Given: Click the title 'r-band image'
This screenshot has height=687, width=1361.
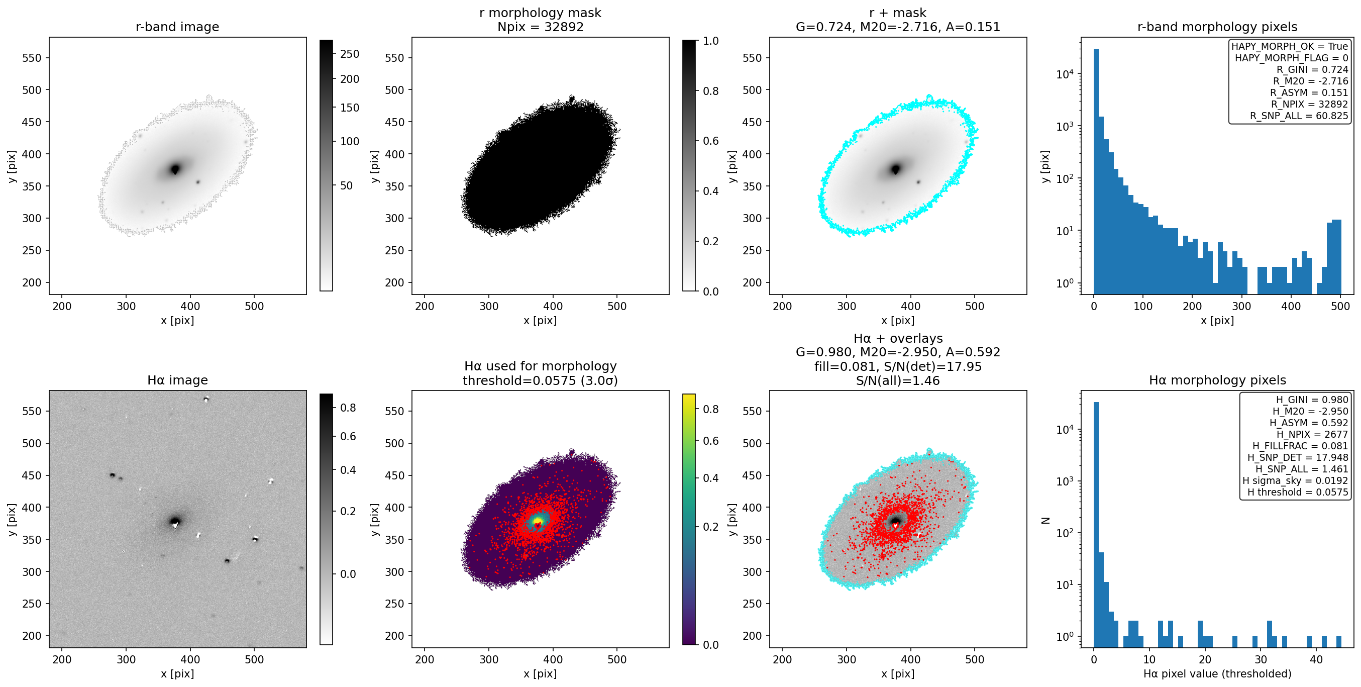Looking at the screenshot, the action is pyautogui.click(x=177, y=27).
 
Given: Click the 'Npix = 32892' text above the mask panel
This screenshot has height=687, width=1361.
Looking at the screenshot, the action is pyautogui.click(x=540, y=27).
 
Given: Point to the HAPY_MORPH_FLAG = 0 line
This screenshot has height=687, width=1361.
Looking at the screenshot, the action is pyautogui.click(x=1291, y=58).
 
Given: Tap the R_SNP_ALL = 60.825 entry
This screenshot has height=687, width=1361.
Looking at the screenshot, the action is pyautogui.click(x=1299, y=116).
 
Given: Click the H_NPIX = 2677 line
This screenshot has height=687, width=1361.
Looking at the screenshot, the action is pyautogui.click(x=1312, y=434).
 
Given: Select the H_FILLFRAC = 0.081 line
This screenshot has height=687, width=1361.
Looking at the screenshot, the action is pyautogui.click(x=1300, y=446).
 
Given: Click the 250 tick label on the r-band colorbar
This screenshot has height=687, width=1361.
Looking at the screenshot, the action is pyautogui.click(x=350, y=54).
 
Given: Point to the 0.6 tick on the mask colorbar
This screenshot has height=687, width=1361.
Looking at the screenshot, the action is pyautogui.click(x=710, y=141).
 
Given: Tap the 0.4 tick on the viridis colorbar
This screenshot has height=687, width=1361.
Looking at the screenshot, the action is pyautogui.click(x=710, y=478).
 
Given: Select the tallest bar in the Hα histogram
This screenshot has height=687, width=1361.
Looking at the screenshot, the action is pyautogui.click(x=1096, y=524).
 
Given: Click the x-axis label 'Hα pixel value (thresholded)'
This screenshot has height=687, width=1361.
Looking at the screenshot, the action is pyautogui.click(x=1217, y=674).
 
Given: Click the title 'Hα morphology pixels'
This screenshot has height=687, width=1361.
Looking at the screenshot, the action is pyautogui.click(x=1217, y=380).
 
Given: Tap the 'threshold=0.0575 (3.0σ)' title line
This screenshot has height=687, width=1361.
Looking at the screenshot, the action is pyautogui.click(x=540, y=380).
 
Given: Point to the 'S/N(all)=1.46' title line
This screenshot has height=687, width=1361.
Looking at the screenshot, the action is pyautogui.click(x=898, y=380).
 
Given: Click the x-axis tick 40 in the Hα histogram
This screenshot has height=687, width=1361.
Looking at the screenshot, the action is pyautogui.click(x=1316, y=659).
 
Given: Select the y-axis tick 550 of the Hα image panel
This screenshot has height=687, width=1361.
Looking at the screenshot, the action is pyautogui.click(x=32, y=411).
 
